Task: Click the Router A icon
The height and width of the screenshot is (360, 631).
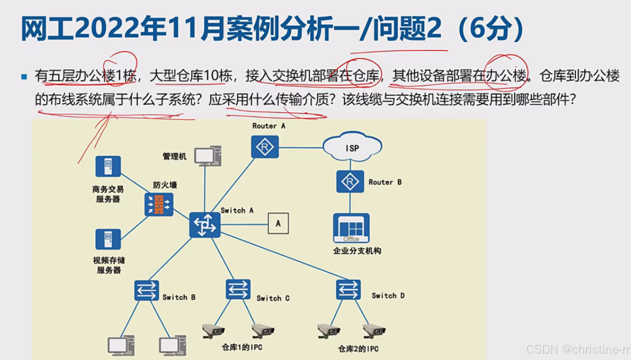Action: [x=265, y=147]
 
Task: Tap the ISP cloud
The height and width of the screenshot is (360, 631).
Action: [x=352, y=147]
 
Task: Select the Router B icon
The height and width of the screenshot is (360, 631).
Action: [x=350, y=182]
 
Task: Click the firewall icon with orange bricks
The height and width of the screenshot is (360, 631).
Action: [x=159, y=205]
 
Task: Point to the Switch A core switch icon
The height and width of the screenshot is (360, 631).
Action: [x=205, y=225]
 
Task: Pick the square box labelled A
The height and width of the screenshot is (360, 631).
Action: [x=278, y=223]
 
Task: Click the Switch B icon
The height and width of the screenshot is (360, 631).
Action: [x=147, y=290]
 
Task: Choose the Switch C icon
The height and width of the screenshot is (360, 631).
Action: [x=238, y=290]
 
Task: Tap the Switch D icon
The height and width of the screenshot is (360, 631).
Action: [x=348, y=290]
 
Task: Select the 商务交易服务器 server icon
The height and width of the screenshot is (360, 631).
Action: [x=108, y=166]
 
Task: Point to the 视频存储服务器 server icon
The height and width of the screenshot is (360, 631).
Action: [x=108, y=239]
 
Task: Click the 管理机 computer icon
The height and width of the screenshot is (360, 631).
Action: [x=208, y=156]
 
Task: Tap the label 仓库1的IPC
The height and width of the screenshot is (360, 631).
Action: [x=242, y=347]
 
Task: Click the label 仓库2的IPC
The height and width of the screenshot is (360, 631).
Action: [x=358, y=349]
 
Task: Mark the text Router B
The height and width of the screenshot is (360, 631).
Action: [x=385, y=182]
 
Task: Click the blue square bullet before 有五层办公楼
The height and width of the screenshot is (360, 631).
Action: [x=24, y=77]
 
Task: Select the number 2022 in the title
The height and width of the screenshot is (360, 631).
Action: [x=107, y=28]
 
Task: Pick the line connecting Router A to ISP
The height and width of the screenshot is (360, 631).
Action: [x=301, y=147]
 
